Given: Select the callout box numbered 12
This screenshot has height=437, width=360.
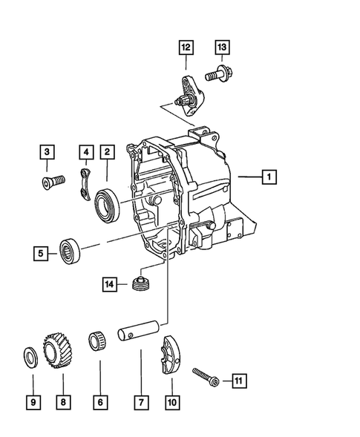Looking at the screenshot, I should tap(184, 48).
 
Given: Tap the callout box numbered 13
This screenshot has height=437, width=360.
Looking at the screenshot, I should tap(221, 48).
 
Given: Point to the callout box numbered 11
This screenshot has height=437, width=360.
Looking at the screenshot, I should tap(238, 381).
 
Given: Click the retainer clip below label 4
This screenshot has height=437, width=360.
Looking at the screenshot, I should tap(85, 184).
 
